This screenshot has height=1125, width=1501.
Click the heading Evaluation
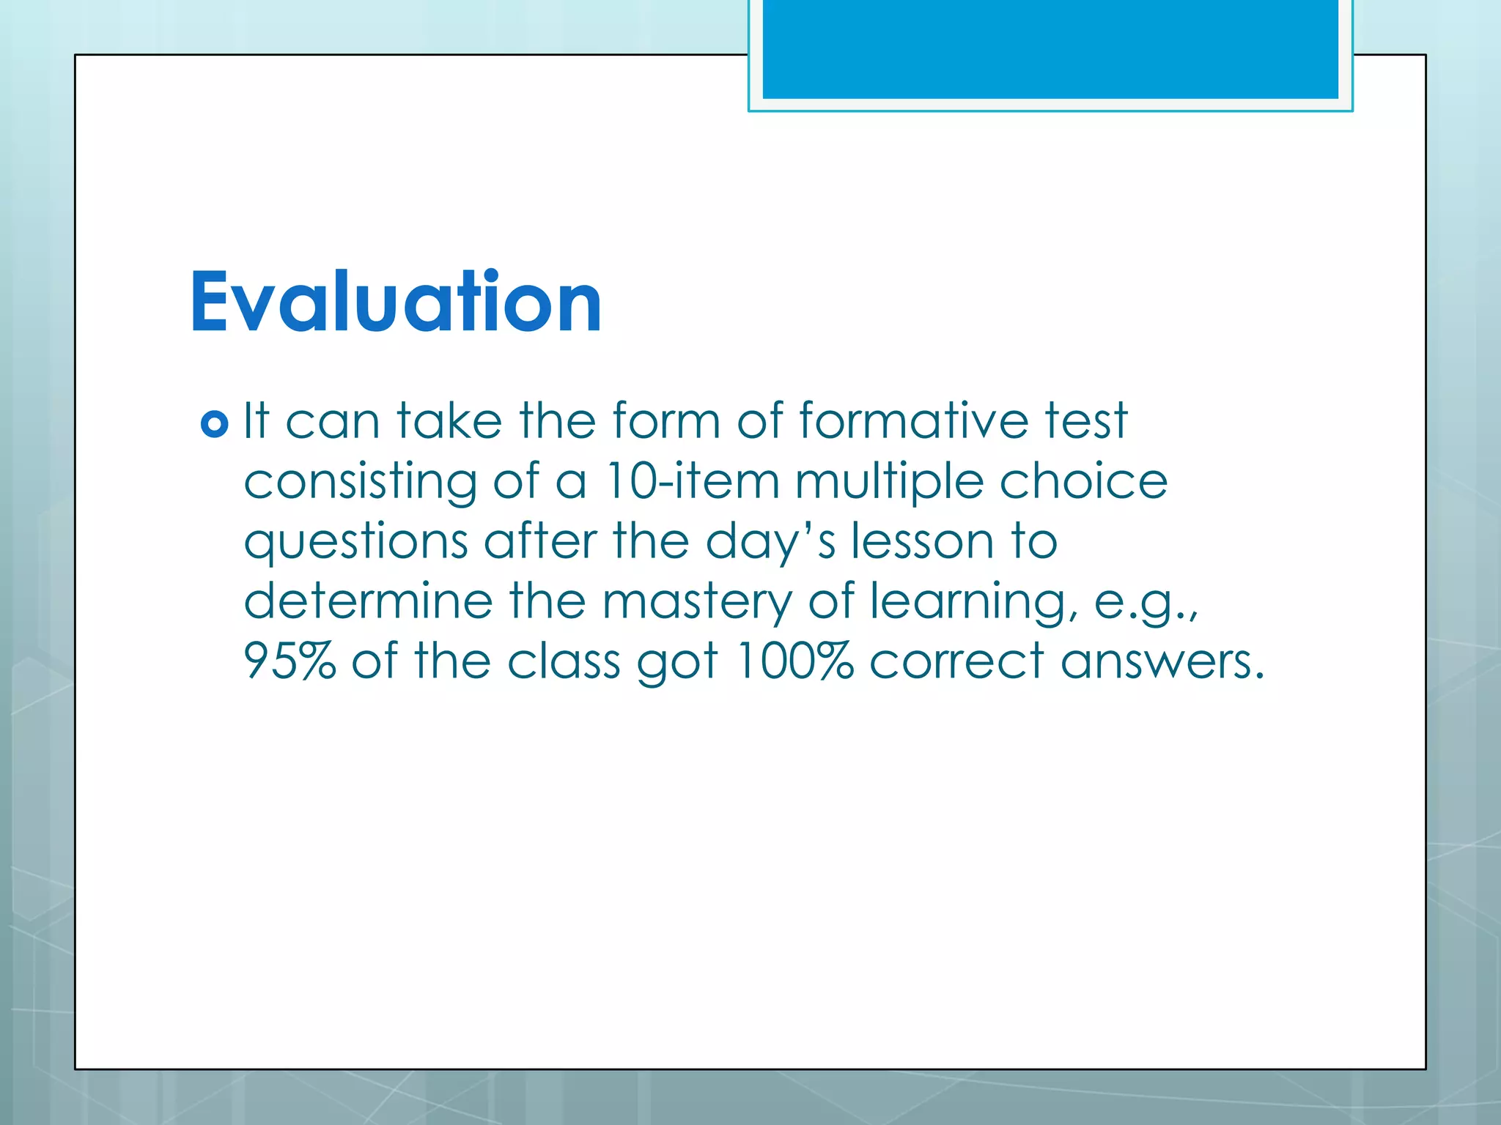click(396, 302)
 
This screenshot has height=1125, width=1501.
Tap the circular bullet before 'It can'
click(214, 424)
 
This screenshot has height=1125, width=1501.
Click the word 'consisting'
click(360, 483)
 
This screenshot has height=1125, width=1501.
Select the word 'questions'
click(355, 543)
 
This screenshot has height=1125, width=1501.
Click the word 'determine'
click(368, 601)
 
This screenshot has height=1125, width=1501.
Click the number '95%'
click(289, 661)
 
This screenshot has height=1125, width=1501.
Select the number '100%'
click(794, 661)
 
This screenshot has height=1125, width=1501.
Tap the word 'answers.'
click(1162, 661)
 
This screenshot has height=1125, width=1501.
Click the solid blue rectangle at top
click(1050, 48)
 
